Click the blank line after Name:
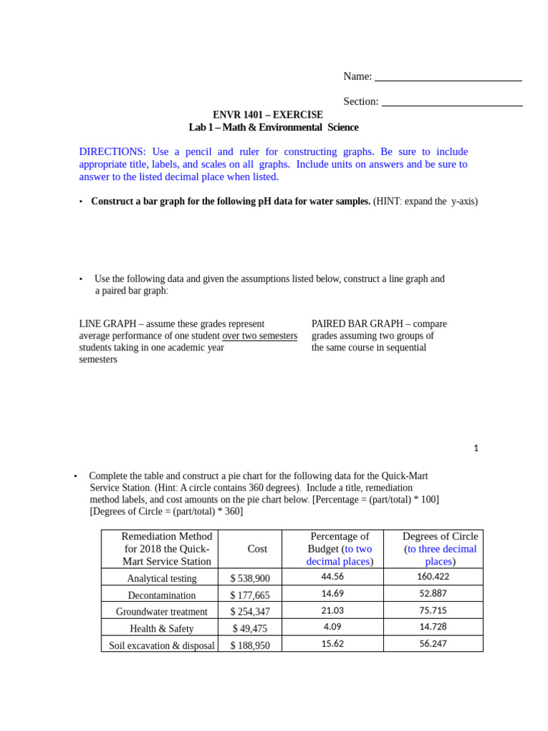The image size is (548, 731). tap(448, 79)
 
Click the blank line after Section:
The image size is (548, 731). tap(452, 104)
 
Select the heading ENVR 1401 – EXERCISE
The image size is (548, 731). tap(268, 115)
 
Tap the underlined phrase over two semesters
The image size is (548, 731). tap(260, 336)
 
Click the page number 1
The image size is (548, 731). tap(476, 448)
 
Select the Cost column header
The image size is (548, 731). tap(258, 549)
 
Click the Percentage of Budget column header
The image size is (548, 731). tap(340, 549)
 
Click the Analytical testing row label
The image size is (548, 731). tap(162, 578)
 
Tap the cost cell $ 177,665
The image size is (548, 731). tap(250, 595)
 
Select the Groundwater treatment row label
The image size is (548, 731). tap(162, 612)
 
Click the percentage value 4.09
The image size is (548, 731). tap(333, 627)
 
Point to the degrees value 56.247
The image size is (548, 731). tap(433, 643)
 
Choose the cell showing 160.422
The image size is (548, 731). tap(433, 577)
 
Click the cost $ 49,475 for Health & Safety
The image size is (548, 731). tap(250, 629)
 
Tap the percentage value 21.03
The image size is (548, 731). tap(333, 610)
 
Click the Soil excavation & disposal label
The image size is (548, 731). tap(162, 646)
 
